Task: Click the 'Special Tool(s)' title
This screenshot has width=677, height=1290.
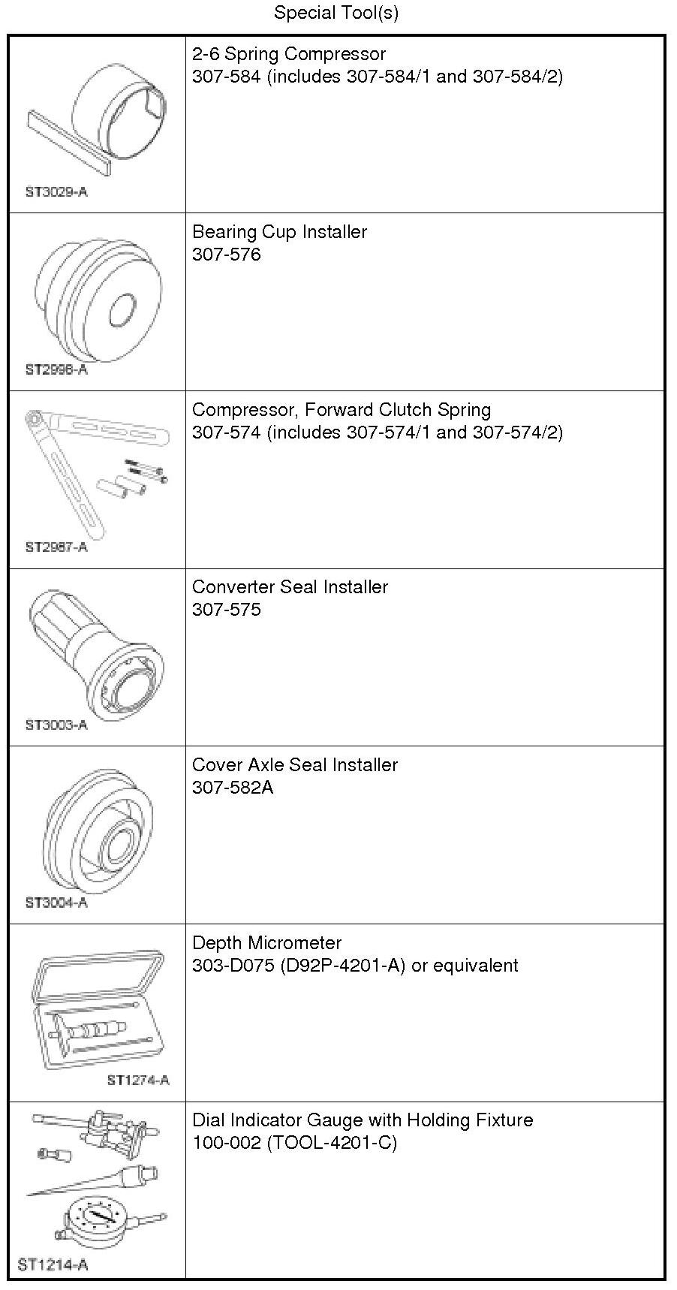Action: coord(336,13)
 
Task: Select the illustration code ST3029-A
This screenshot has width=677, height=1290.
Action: coord(56,191)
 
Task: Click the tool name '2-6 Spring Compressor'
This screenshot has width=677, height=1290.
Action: coord(289,54)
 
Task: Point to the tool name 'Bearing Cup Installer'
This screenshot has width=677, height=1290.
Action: coord(279,232)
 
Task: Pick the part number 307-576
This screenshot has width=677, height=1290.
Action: coord(227,255)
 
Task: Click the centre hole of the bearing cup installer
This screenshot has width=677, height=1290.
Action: coord(123,310)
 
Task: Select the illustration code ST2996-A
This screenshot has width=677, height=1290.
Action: coord(56,369)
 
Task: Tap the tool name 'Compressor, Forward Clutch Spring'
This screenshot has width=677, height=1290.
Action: coord(342,410)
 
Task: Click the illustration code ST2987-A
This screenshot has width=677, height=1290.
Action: coord(56,547)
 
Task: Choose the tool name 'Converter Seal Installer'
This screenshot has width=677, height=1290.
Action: coord(290,587)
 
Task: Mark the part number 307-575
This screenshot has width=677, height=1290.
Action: coord(227,610)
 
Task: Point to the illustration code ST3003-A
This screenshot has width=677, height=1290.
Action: coord(56,725)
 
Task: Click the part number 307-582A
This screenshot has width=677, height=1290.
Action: coord(233,788)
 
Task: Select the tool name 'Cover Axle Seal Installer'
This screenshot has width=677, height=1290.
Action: coord(295,765)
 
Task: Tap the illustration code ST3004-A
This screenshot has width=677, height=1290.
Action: coord(56,903)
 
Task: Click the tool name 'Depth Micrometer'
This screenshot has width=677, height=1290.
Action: coord(267,943)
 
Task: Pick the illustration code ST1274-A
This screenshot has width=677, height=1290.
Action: coord(138,1080)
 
